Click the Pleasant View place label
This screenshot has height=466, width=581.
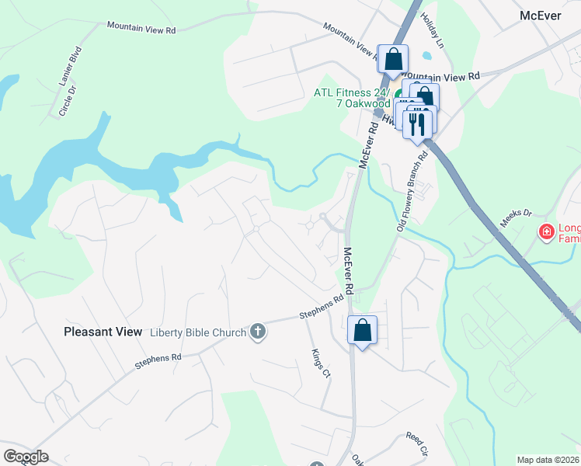pyautogui.click(x=103, y=332)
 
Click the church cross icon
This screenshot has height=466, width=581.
pyautogui.click(x=259, y=332)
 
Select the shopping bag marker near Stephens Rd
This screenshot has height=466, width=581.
pyautogui.click(x=362, y=330)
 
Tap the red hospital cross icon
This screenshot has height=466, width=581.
pyautogui.click(x=547, y=231)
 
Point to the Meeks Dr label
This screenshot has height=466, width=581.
pyautogui.click(x=515, y=218)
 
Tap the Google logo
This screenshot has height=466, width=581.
pyautogui.click(x=26, y=457)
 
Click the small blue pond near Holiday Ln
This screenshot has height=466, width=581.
pyautogui.click(x=426, y=56)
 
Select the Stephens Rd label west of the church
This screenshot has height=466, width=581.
pyautogui.click(x=158, y=360)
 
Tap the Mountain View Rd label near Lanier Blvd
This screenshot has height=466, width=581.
pyautogui.click(x=141, y=28)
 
